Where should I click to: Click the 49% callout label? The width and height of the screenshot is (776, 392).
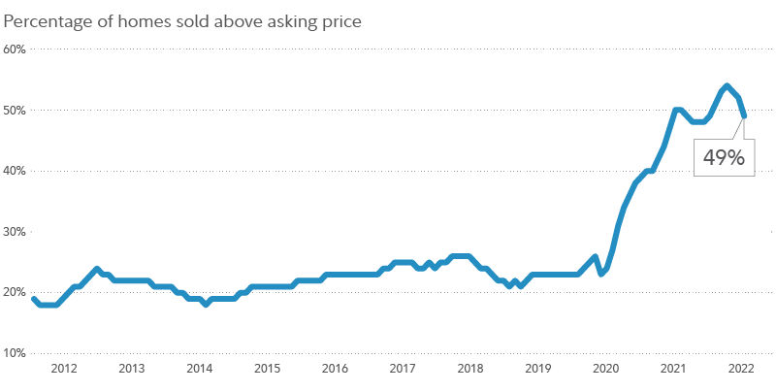click(723, 159)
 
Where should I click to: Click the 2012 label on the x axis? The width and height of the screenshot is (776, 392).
click(64, 369)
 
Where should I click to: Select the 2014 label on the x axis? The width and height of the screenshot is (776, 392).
click(199, 369)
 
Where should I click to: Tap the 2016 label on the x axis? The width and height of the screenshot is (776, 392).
click(335, 369)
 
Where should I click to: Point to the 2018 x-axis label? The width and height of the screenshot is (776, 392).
click(470, 369)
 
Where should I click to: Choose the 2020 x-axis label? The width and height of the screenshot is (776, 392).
click(605, 369)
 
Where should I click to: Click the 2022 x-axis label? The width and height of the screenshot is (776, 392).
click(740, 369)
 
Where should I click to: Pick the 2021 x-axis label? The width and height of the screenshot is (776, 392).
click(673, 369)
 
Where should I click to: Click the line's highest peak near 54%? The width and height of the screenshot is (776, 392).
click(727, 86)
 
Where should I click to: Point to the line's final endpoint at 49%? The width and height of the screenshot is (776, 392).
click(744, 115)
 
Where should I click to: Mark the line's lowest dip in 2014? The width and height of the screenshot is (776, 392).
click(206, 305)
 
